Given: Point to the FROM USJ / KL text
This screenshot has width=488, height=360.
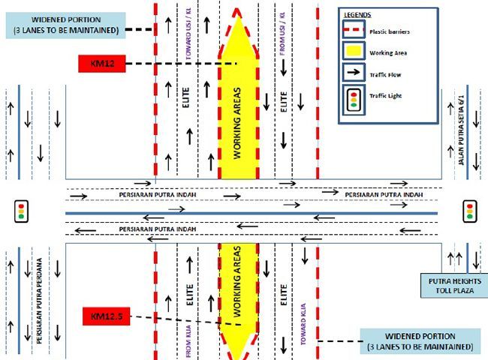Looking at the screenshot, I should (x=282, y=37).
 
